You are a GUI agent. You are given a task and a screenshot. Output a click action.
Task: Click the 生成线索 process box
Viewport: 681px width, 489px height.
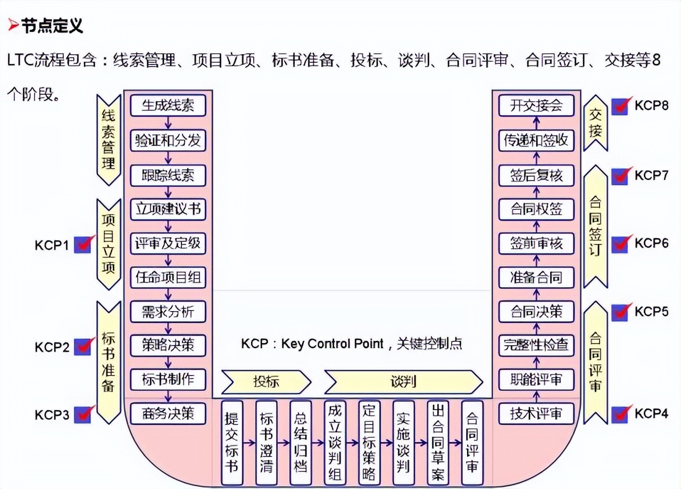(168, 105)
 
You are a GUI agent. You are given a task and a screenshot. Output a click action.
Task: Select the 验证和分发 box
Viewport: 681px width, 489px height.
(168, 140)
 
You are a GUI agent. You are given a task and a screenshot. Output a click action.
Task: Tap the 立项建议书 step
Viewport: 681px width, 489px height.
(168, 209)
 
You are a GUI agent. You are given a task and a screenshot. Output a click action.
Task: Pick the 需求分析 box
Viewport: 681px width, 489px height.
(168, 312)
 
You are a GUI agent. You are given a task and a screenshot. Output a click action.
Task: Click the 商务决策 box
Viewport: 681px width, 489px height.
(168, 413)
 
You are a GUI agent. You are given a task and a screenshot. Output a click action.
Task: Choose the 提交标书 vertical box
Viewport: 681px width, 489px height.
(232, 443)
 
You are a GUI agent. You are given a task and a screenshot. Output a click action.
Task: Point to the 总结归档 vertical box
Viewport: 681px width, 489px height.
(301, 443)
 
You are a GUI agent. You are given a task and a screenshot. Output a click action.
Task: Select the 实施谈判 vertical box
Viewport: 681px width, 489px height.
(403, 443)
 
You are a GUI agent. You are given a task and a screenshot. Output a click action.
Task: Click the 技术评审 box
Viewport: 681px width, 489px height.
(536, 413)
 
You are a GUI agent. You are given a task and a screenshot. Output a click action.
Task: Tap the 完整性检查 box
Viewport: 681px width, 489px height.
(536, 345)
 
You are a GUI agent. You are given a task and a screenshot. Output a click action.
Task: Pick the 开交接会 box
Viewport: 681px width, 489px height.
(536, 105)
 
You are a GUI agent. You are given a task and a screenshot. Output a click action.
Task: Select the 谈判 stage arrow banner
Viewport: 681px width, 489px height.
(403, 382)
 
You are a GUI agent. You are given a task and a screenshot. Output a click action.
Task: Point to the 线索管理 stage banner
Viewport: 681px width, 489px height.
(109, 140)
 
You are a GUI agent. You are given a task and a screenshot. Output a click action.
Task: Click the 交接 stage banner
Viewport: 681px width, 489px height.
(595, 123)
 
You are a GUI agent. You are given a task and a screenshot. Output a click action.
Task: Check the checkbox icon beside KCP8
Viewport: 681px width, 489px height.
(621, 106)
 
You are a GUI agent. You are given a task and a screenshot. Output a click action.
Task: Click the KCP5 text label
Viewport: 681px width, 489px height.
(651, 311)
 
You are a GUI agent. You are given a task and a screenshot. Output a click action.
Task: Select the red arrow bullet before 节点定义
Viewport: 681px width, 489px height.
(13, 25)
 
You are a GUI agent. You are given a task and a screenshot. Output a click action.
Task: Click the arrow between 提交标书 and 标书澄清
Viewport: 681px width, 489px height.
(249, 443)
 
